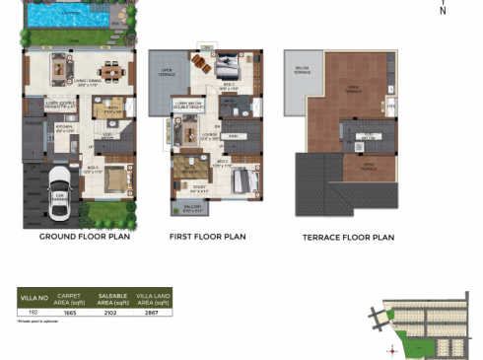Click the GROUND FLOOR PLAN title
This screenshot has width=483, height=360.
[x=84, y=238]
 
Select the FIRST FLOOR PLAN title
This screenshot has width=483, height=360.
[x=207, y=238]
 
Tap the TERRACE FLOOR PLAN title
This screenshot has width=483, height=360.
[x=347, y=238]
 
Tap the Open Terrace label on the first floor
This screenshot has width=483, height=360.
[x=167, y=71]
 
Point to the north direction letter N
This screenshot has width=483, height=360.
[x=443, y=12]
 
